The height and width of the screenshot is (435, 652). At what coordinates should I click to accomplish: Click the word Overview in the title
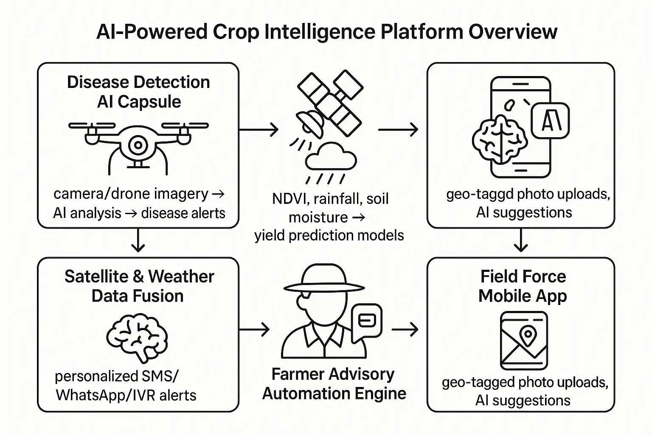[x=513, y=31]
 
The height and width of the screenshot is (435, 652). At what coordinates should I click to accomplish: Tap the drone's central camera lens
[x=138, y=145]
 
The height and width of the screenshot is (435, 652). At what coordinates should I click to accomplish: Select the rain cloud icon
[x=331, y=156]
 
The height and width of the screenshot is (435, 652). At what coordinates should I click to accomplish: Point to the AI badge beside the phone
[x=550, y=120]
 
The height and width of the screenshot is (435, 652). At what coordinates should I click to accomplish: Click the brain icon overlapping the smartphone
[x=499, y=138]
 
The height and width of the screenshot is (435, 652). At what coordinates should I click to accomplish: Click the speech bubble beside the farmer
[x=367, y=322]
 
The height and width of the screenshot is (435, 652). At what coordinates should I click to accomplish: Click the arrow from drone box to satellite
[x=259, y=130]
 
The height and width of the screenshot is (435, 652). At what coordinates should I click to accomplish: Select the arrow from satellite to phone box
[x=398, y=130]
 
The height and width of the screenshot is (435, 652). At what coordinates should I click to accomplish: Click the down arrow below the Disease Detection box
[x=138, y=240]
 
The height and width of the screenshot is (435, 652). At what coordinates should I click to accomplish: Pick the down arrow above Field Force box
[x=521, y=240]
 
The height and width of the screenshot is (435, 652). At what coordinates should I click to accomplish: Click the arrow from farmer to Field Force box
[x=405, y=330]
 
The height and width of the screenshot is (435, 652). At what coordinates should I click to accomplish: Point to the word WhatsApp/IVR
[x=103, y=395]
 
